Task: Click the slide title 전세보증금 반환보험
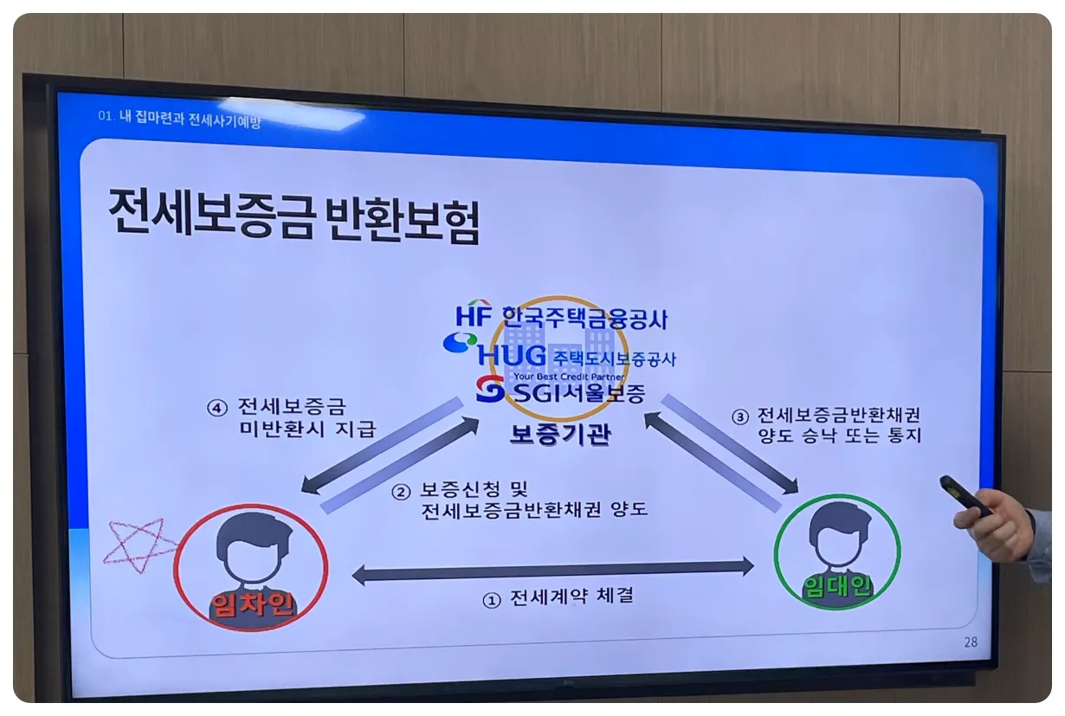(294, 216)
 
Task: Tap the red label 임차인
(251, 603)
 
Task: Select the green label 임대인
(836, 589)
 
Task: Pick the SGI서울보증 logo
(561, 392)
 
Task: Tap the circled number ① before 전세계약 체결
(491, 600)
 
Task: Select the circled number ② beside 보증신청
(400, 492)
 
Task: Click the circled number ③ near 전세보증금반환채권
(739, 416)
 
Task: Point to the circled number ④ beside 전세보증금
(216, 407)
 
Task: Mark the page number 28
(970, 642)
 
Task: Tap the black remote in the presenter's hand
(965, 495)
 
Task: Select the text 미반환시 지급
(307, 429)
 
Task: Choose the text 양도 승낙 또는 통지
(840, 435)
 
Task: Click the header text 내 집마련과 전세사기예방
(190, 119)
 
